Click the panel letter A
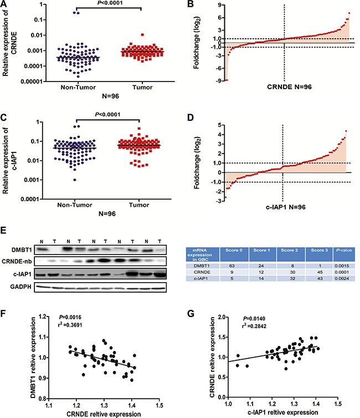click(x=4, y=5)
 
